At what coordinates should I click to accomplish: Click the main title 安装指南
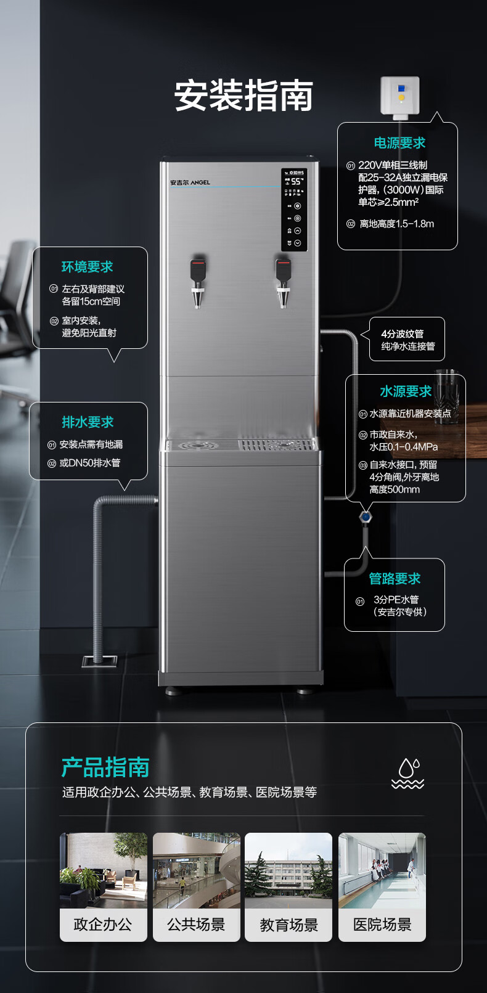tap(243, 96)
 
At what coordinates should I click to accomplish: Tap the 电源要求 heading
tap(399, 143)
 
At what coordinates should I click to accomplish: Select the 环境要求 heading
tap(87, 267)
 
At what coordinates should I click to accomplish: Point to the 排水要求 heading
tap(88, 422)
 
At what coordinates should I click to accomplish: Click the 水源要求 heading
tap(406, 391)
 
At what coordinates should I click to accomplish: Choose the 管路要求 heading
tap(395, 579)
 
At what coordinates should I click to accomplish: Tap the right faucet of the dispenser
tap(283, 283)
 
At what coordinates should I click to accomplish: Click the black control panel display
tap(294, 209)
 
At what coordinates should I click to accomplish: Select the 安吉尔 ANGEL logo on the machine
tap(190, 182)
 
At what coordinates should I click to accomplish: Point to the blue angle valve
tap(365, 517)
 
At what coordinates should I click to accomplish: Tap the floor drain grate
tap(99, 661)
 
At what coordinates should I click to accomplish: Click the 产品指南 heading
tap(105, 767)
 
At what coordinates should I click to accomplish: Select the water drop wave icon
tap(407, 774)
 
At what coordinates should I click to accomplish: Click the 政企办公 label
tap(103, 925)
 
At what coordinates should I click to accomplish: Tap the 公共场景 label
tap(196, 925)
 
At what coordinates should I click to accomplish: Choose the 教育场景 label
tap(289, 925)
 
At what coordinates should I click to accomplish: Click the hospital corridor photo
tap(382, 871)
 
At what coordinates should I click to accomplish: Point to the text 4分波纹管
tap(402, 334)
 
